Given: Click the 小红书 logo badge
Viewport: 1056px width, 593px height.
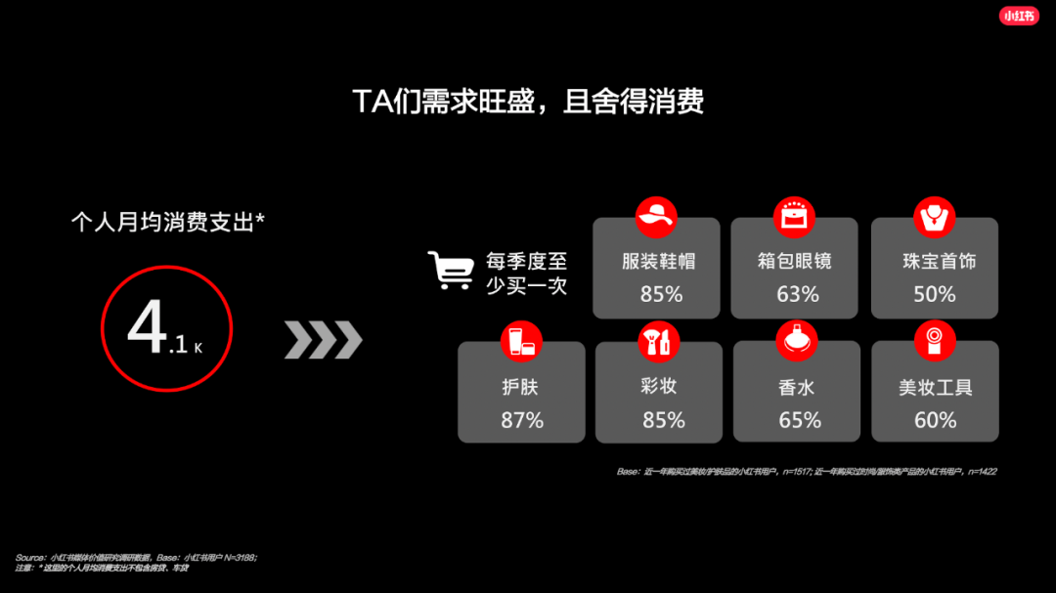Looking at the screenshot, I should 1019,16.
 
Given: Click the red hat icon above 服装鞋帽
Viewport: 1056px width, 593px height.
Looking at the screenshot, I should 656,217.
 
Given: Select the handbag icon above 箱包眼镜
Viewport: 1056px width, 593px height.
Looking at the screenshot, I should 794,217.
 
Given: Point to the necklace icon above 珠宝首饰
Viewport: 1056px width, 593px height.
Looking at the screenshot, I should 934,217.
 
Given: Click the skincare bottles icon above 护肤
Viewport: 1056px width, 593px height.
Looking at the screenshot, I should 520,341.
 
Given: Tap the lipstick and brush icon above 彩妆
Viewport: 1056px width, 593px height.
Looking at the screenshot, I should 656,341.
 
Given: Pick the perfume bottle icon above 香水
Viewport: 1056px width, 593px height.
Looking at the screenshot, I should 796,341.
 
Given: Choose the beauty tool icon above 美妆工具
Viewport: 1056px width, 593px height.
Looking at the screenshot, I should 934,341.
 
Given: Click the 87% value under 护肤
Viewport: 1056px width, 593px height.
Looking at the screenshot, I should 522,420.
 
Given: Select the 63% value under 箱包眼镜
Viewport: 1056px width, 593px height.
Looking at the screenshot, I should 797,294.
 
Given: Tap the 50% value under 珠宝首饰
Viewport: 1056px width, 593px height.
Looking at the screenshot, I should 935,294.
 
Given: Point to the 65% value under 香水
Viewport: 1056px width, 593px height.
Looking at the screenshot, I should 799,420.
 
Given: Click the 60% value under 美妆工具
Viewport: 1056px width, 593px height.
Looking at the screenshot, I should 936,420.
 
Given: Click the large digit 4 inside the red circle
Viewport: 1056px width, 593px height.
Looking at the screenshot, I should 148,328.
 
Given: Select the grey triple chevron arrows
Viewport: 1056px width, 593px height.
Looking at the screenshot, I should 323,339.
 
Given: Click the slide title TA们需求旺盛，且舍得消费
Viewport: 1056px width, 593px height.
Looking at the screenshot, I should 528,102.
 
